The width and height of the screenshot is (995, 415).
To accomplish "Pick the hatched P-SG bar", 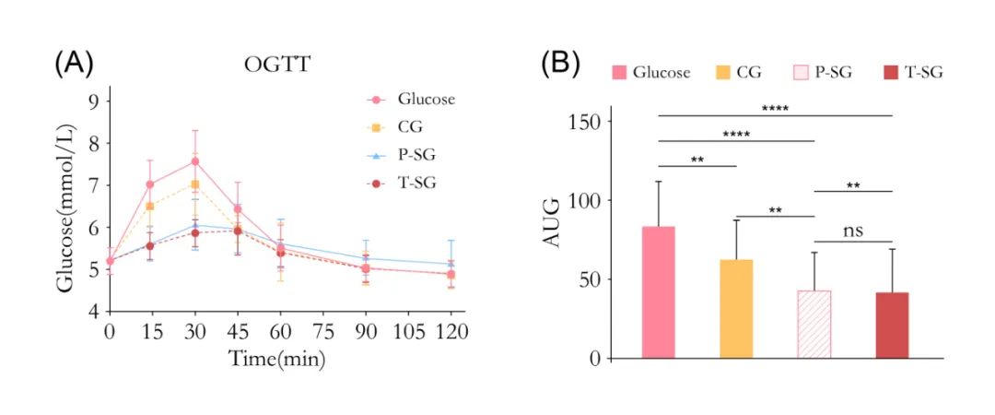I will [814, 324].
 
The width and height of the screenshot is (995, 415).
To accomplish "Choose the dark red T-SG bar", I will [892, 325].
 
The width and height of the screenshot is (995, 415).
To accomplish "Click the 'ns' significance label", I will [853, 230].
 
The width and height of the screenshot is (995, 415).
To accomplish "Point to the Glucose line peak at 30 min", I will [195, 161].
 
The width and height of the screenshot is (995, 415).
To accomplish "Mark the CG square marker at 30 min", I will [195, 184].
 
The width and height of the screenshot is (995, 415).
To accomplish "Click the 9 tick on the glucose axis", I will [94, 101].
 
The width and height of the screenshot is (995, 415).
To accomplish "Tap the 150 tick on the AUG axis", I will [583, 122].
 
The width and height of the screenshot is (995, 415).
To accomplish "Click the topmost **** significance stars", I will [776, 108].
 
